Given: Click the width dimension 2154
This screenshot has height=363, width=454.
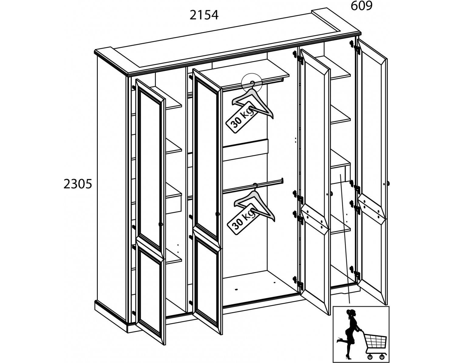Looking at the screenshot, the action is [x=204, y=15].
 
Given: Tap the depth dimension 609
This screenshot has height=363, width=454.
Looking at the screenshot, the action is [x=361, y=6].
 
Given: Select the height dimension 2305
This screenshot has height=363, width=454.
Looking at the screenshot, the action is [x=78, y=184].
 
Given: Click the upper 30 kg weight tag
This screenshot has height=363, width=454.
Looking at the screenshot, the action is [x=242, y=117].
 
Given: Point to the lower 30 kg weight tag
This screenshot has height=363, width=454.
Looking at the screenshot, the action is [x=243, y=219].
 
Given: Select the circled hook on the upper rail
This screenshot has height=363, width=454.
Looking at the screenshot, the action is [x=252, y=83].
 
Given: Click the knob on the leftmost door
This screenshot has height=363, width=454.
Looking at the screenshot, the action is [x=161, y=224].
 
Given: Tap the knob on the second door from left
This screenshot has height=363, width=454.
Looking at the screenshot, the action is [x=217, y=214].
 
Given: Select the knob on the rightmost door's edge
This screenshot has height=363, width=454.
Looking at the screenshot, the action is [x=388, y=183].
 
